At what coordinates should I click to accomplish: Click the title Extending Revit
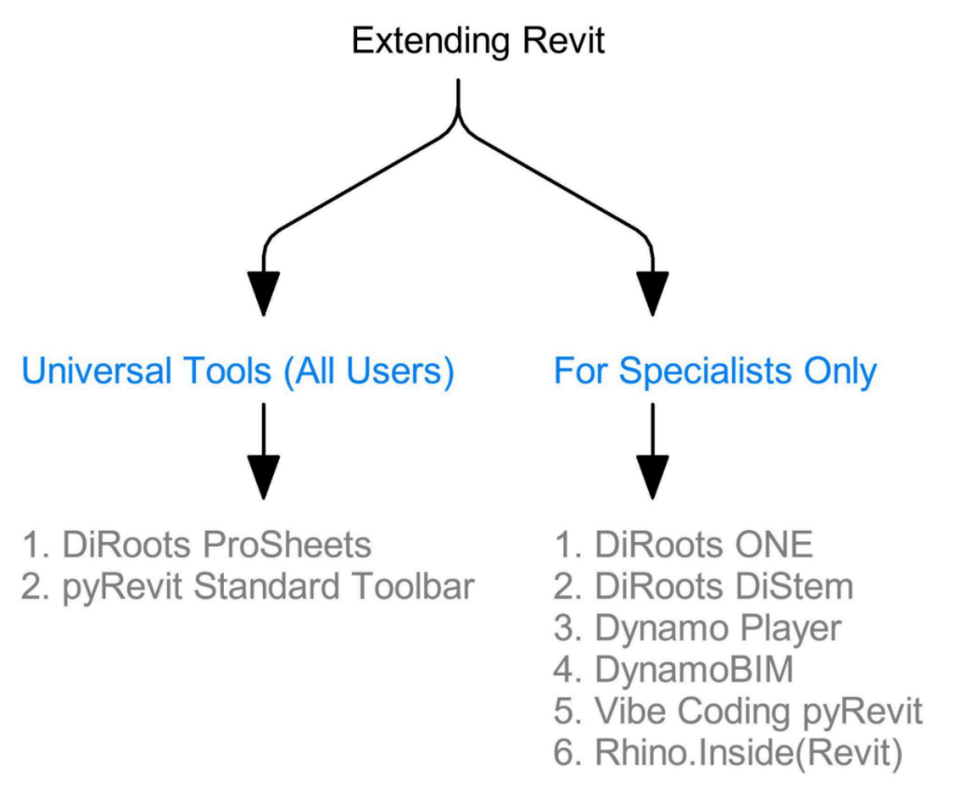(x=478, y=41)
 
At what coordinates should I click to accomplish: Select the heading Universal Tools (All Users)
(x=238, y=371)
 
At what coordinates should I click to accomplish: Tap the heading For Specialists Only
(x=715, y=371)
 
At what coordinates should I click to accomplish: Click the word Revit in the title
(x=563, y=41)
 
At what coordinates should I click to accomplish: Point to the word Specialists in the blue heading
(x=706, y=371)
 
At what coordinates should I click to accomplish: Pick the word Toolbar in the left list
(x=413, y=587)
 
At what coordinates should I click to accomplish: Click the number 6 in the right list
(x=564, y=754)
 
